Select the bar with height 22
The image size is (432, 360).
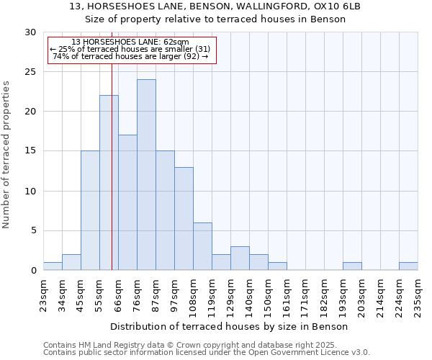[109, 183]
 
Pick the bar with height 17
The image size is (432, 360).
[127, 202]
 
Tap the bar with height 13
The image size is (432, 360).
[184, 219]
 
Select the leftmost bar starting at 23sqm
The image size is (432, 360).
[53, 266]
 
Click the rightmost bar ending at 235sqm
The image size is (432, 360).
[408, 266]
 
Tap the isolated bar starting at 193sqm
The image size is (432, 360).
[352, 266]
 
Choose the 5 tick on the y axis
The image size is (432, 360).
[34, 230]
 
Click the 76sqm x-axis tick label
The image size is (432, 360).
[137, 291]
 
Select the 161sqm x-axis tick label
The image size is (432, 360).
[287, 292]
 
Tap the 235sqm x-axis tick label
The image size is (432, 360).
[418, 292]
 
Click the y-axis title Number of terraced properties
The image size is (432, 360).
[6, 154]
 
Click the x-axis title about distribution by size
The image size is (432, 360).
[230, 326]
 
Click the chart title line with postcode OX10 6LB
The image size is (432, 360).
[215, 6]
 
